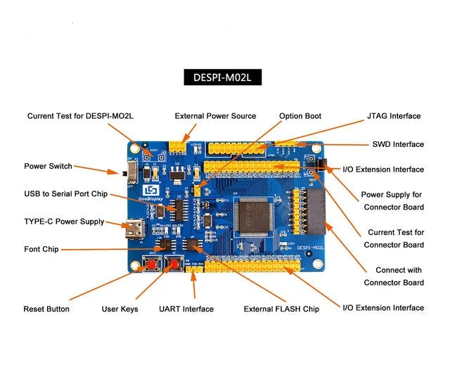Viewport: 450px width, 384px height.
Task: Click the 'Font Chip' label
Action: [41, 249]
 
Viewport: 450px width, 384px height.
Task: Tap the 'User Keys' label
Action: [120, 309]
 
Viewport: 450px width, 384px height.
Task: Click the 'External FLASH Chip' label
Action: [281, 309]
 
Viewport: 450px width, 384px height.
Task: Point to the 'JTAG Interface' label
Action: [393, 116]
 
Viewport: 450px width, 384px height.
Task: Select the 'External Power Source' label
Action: [215, 116]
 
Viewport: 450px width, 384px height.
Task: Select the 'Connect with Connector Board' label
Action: [399, 276]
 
